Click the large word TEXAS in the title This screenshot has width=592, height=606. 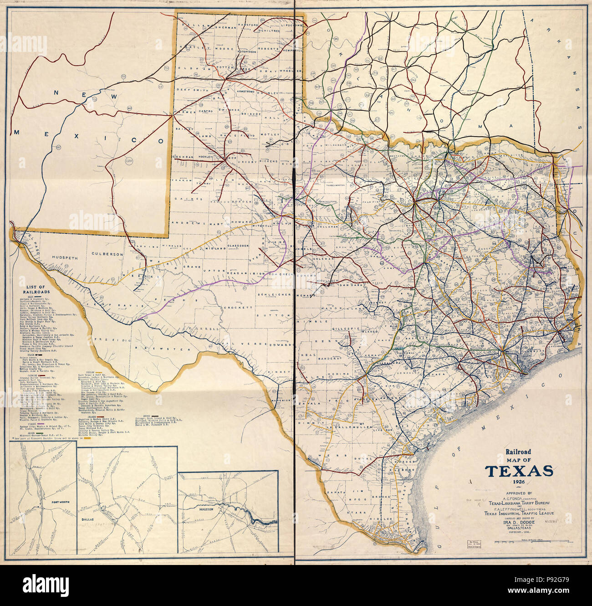click(519, 471)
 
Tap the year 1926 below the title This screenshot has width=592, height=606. click(519, 482)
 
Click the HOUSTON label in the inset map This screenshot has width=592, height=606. click(205, 509)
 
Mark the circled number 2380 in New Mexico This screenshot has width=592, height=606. click(129, 161)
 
